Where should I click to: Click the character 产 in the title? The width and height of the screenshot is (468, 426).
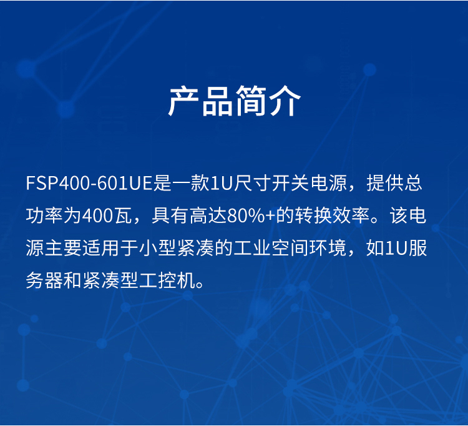[x=183, y=102]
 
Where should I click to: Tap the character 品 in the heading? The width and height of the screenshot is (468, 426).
[x=217, y=102]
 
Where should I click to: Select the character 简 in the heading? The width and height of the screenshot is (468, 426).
[x=251, y=101]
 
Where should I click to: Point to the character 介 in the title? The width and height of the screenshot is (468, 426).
[x=285, y=101]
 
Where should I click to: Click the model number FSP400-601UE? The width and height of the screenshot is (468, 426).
[x=89, y=183]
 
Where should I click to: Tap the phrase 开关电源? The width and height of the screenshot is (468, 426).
[x=310, y=183]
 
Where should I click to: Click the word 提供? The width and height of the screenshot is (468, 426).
[x=385, y=183]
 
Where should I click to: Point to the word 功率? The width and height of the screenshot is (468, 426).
[x=44, y=215]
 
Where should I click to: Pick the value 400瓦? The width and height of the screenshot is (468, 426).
[x=107, y=215]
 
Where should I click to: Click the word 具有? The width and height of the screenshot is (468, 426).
[x=170, y=215]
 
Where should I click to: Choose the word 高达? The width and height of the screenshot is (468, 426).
[x=208, y=215]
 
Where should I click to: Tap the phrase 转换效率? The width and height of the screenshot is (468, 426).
[x=332, y=215]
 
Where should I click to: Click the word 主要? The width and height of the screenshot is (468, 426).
[x=63, y=247]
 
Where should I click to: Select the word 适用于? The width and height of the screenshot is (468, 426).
[x=110, y=247]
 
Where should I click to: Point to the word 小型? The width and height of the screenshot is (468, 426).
[x=157, y=247]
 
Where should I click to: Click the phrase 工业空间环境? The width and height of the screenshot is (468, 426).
[x=290, y=247]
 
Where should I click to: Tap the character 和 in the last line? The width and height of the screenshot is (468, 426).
[x=72, y=280]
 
